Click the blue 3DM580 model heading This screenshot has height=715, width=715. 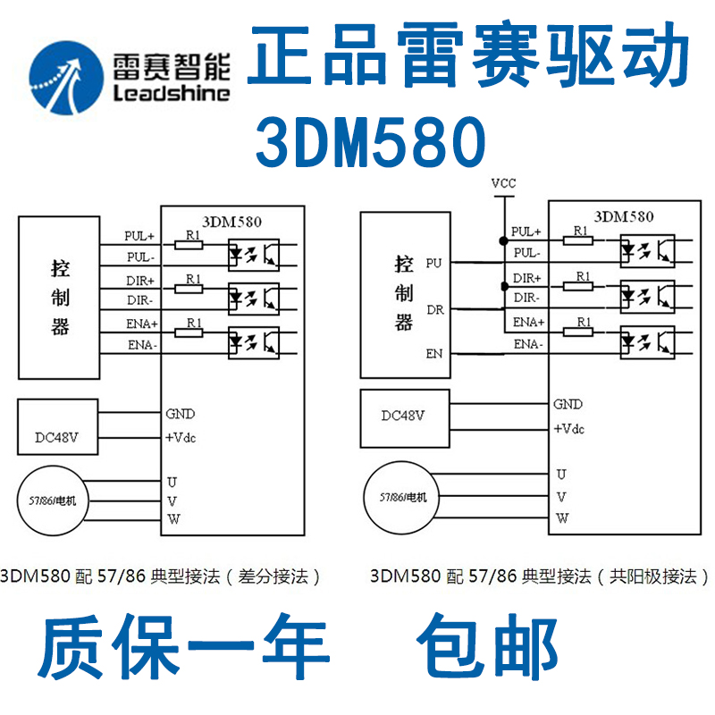point(371,142)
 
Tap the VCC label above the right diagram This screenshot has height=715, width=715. point(503,184)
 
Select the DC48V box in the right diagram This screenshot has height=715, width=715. point(402,416)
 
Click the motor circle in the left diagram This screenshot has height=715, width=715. point(58,500)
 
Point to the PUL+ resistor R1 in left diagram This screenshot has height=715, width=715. point(189,243)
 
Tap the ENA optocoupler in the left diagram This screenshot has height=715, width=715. point(254,341)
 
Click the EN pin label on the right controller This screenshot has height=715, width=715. point(433,354)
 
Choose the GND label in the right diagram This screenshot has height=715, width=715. point(568,404)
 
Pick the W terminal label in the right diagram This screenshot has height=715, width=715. point(561,518)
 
